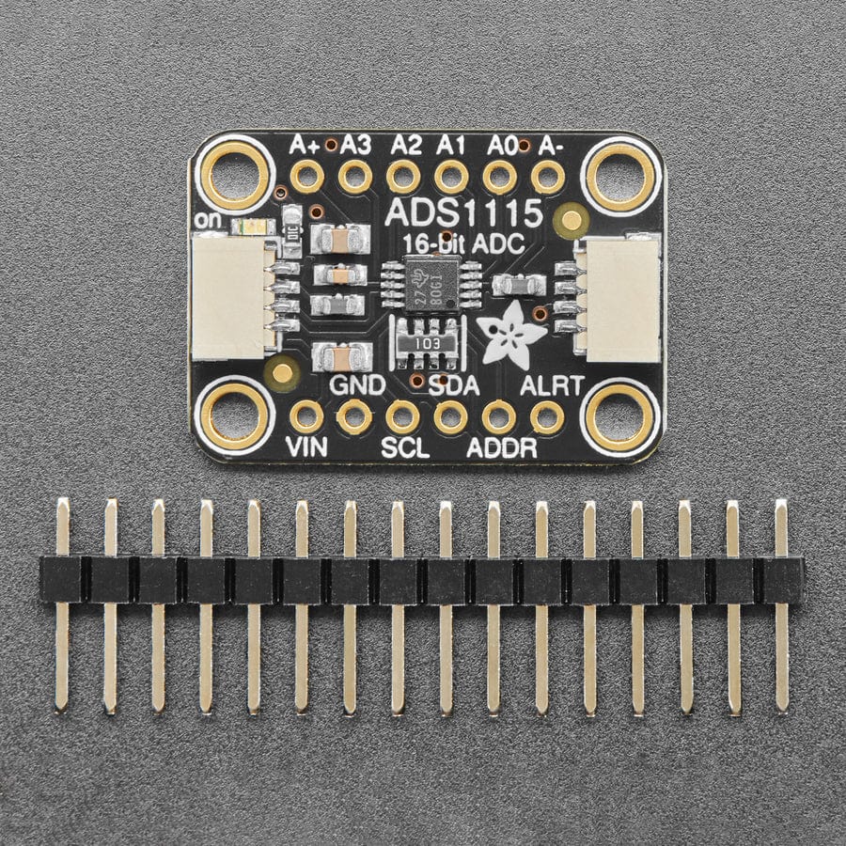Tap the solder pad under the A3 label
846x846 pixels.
pyautogui.click(x=354, y=176)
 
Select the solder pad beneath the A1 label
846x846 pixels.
pyautogui.click(x=451, y=176)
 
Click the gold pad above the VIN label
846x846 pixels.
pyautogui.click(x=306, y=416)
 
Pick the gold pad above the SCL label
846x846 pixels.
pyautogui.click(x=403, y=416)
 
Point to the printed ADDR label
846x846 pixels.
pyautogui.click(x=502, y=447)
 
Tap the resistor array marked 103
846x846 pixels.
pyautogui.click(x=427, y=344)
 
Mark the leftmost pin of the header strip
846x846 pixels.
pyautogui.click(x=62, y=602)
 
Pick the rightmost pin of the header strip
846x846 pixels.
pyautogui.click(x=781, y=602)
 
